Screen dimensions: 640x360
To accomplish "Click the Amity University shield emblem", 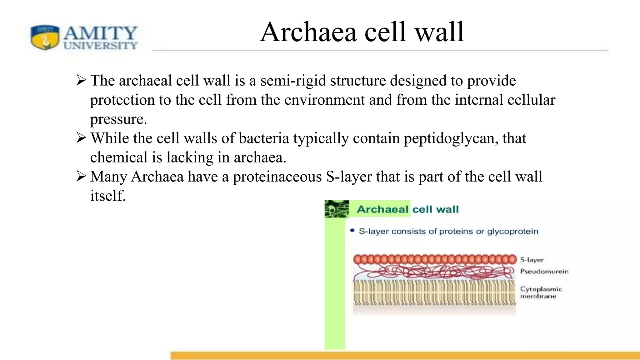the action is (x=45, y=37).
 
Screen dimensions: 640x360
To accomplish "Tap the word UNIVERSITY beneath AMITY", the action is (x=101, y=46).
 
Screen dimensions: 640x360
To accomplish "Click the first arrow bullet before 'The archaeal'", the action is (x=81, y=80).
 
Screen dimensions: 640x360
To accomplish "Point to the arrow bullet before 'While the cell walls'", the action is (x=81, y=138).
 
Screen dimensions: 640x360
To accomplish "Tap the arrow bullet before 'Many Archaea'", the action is (x=81, y=176).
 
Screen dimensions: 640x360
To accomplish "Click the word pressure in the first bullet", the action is (x=118, y=119).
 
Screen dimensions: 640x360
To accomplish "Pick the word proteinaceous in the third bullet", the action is (x=277, y=177).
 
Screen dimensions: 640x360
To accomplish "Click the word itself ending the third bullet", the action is (x=108, y=196).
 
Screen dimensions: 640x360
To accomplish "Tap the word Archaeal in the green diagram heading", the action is (x=382, y=209).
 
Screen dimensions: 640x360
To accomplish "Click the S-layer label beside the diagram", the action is (x=532, y=260).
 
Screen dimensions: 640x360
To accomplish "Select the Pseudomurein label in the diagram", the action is (x=544, y=271).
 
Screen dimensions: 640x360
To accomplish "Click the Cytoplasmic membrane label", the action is (x=541, y=292).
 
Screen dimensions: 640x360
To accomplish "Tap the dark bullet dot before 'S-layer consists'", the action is (x=352, y=231).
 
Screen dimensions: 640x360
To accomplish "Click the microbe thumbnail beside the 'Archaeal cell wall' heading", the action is (x=337, y=209).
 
